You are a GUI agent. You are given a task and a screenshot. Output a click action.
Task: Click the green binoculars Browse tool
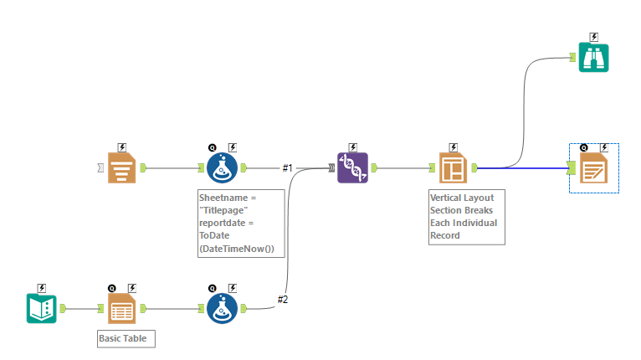[594, 57]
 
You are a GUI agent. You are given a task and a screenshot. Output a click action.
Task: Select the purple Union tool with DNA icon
[352, 167]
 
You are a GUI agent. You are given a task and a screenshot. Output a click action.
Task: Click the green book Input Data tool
[41, 308]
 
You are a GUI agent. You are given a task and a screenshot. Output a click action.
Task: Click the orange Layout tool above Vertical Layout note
[452, 167]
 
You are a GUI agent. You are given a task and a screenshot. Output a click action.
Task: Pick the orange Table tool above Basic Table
[122, 308]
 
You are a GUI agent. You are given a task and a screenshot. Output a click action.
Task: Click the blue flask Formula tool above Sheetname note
[222, 167]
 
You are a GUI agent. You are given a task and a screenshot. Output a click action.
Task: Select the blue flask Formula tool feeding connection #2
[222, 308]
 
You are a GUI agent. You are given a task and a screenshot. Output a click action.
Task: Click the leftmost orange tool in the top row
[122, 167]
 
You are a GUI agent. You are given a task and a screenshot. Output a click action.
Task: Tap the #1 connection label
[287, 168]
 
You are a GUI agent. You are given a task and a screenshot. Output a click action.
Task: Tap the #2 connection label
[283, 300]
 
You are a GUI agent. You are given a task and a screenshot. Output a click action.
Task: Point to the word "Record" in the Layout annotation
[445, 235]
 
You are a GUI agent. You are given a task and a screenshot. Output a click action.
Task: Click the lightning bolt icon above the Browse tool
[594, 37]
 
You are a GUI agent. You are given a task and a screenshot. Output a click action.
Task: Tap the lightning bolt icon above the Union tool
[352, 147]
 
